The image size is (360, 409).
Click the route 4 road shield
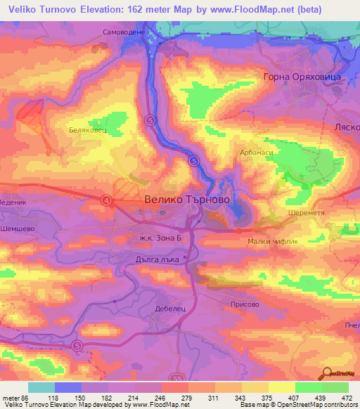point(106,200)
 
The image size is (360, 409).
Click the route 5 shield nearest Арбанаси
point(193,161)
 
